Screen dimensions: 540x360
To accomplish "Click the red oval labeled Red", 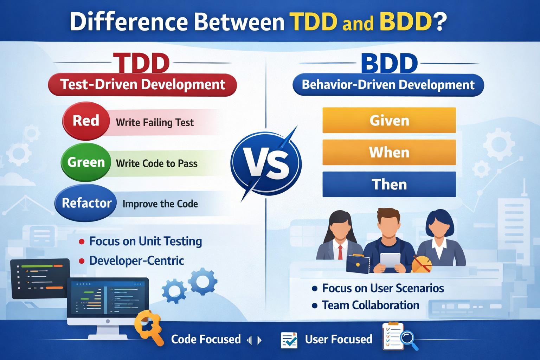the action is coord(86,121).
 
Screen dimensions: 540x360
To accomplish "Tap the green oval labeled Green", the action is coord(86,162).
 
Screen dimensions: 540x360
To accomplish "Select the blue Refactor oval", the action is coord(86,203).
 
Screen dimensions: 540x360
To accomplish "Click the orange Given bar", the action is coord(389,120).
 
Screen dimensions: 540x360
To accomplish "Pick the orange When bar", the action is coord(389,152).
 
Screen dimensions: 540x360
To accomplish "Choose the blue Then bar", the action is coord(389,184).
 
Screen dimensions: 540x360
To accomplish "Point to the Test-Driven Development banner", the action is coord(142,85).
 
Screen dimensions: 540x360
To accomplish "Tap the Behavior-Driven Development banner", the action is coord(388,85).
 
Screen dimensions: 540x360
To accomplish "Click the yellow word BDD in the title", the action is coord(406,22).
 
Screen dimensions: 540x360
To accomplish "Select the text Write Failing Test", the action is coord(155,122).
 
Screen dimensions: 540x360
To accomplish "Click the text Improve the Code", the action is coord(160,204).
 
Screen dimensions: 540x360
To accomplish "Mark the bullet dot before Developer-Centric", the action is coord(82,261).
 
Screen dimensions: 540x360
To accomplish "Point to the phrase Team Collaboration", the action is coord(371,305).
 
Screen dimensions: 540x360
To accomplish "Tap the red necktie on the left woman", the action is coord(340,252).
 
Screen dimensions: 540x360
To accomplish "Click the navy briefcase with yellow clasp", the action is coord(358,264).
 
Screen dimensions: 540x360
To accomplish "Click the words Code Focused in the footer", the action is coord(206,339).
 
